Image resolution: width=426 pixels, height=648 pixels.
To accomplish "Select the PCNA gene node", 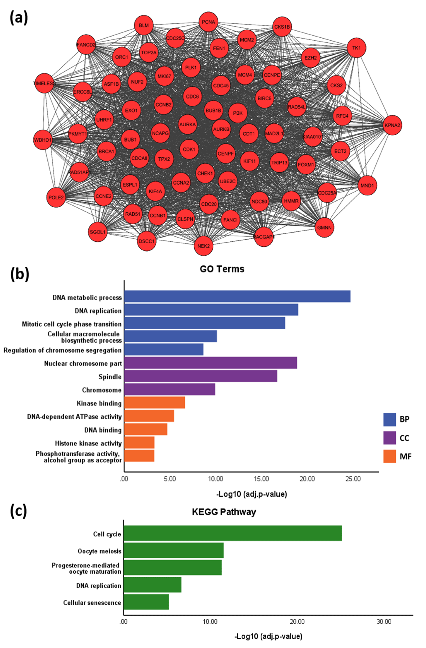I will pos(208,22).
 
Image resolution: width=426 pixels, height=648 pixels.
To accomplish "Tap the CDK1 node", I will pos(189,149).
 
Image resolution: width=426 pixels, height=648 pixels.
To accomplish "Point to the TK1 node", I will pos(356,48).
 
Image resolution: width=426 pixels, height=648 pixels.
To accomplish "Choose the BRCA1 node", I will pos(106,151).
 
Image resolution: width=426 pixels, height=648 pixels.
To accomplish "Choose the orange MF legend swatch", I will pos(390,456).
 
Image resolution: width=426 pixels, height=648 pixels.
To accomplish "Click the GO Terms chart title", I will pos(222,269).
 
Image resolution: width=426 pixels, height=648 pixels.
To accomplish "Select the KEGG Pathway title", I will pos(224,512).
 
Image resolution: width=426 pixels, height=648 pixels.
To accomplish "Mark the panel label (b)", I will pos(20,274).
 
